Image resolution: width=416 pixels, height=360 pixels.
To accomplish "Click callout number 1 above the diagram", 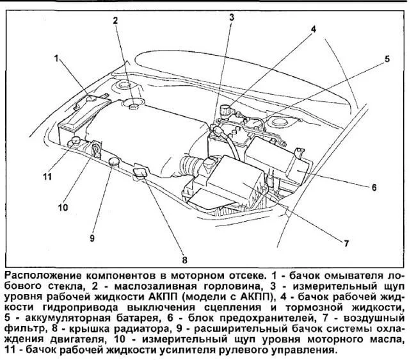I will (x=57, y=58).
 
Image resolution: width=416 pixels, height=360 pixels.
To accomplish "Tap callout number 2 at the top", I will (x=116, y=21).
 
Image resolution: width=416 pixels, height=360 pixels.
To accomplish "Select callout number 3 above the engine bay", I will (x=231, y=17).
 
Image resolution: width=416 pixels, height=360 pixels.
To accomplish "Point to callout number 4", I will (x=314, y=29).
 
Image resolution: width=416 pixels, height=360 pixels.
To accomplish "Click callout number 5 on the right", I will (x=387, y=59).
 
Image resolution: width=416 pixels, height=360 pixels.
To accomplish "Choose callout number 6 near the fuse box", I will (x=374, y=188).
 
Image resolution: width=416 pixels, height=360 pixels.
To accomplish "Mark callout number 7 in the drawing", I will (x=346, y=243).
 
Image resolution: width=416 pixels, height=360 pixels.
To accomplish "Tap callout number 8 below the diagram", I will (x=185, y=260).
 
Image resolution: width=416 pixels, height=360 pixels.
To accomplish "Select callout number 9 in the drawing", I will (x=92, y=238).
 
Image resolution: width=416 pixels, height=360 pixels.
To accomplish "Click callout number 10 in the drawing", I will (x=63, y=207).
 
